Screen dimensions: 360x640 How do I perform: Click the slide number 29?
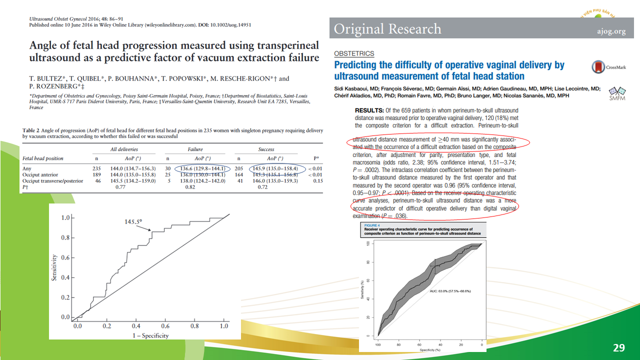point(619,347)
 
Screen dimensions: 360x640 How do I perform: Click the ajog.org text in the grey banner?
point(611,31)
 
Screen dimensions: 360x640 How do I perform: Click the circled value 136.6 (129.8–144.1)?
point(202,168)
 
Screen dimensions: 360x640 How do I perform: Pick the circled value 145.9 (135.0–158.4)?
point(275,168)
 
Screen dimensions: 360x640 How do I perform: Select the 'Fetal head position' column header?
point(43,158)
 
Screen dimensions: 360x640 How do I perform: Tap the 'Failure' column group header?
point(195,149)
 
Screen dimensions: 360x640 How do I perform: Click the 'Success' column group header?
point(266,149)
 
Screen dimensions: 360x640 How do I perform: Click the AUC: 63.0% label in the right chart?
point(449,290)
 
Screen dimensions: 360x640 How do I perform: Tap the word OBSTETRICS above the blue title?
point(354,53)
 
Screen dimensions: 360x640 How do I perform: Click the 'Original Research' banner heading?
point(387,29)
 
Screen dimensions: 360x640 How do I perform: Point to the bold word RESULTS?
point(369,110)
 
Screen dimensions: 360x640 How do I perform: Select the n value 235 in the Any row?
point(97,168)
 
